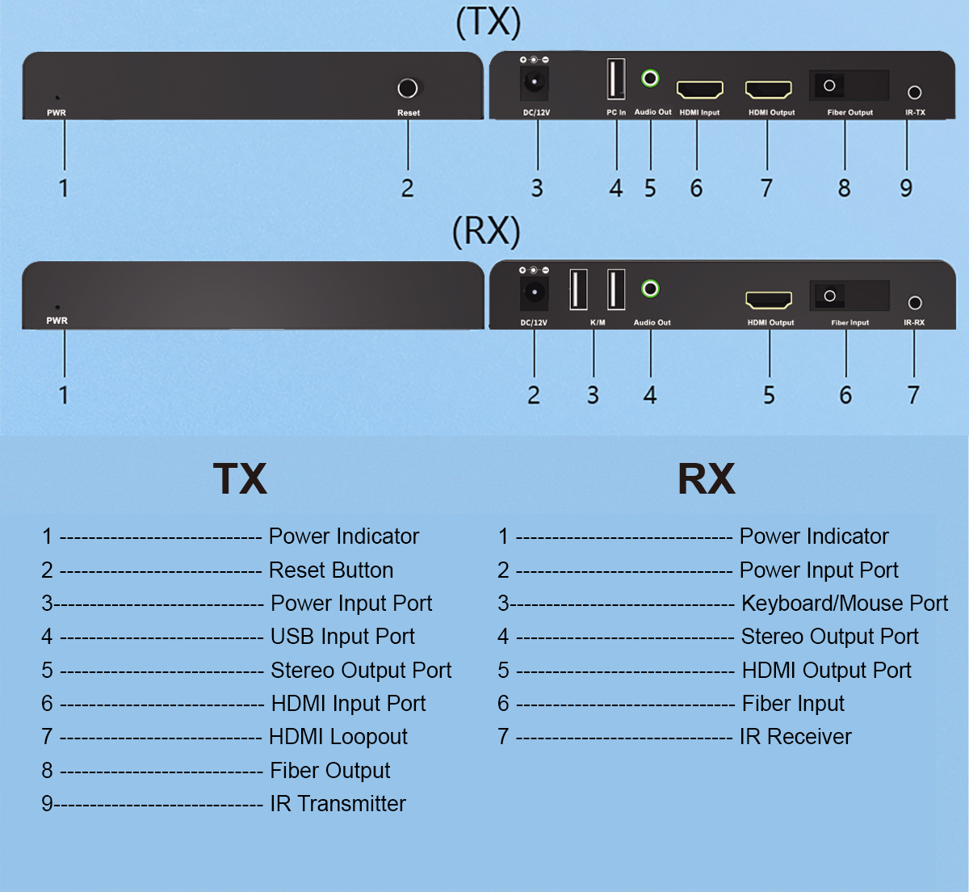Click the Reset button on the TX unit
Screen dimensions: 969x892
(x=407, y=89)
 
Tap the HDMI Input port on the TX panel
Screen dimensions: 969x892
(x=699, y=89)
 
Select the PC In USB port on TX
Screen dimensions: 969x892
(x=616, y=78)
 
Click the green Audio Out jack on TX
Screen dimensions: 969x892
(x=650, y=78)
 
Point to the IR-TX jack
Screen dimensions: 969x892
(x=914, y=92)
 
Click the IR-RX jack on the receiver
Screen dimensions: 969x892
(x=915, y=303)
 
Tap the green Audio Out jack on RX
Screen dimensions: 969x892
(x=650, y=289)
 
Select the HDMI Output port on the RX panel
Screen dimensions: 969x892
(x=769, y=300)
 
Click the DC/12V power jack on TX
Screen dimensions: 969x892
(x=535, y=82)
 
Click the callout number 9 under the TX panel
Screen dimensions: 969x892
(x=906, y=188)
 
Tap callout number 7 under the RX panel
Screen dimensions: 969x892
(x=913, y=395)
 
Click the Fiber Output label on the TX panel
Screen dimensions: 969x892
(x=850, y=112)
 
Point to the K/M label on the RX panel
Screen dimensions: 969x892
(x=598, y=322)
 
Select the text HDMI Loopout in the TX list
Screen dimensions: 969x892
(x=338, y=737)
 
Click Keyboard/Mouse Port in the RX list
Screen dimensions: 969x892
(x=845, y=604)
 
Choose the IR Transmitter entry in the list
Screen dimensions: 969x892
(x=338, y=803)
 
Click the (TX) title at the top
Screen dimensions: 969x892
(x=489, y=23)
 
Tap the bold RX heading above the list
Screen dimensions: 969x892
(x=707, y=478)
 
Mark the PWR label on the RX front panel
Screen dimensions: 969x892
(x=57, y=321)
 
